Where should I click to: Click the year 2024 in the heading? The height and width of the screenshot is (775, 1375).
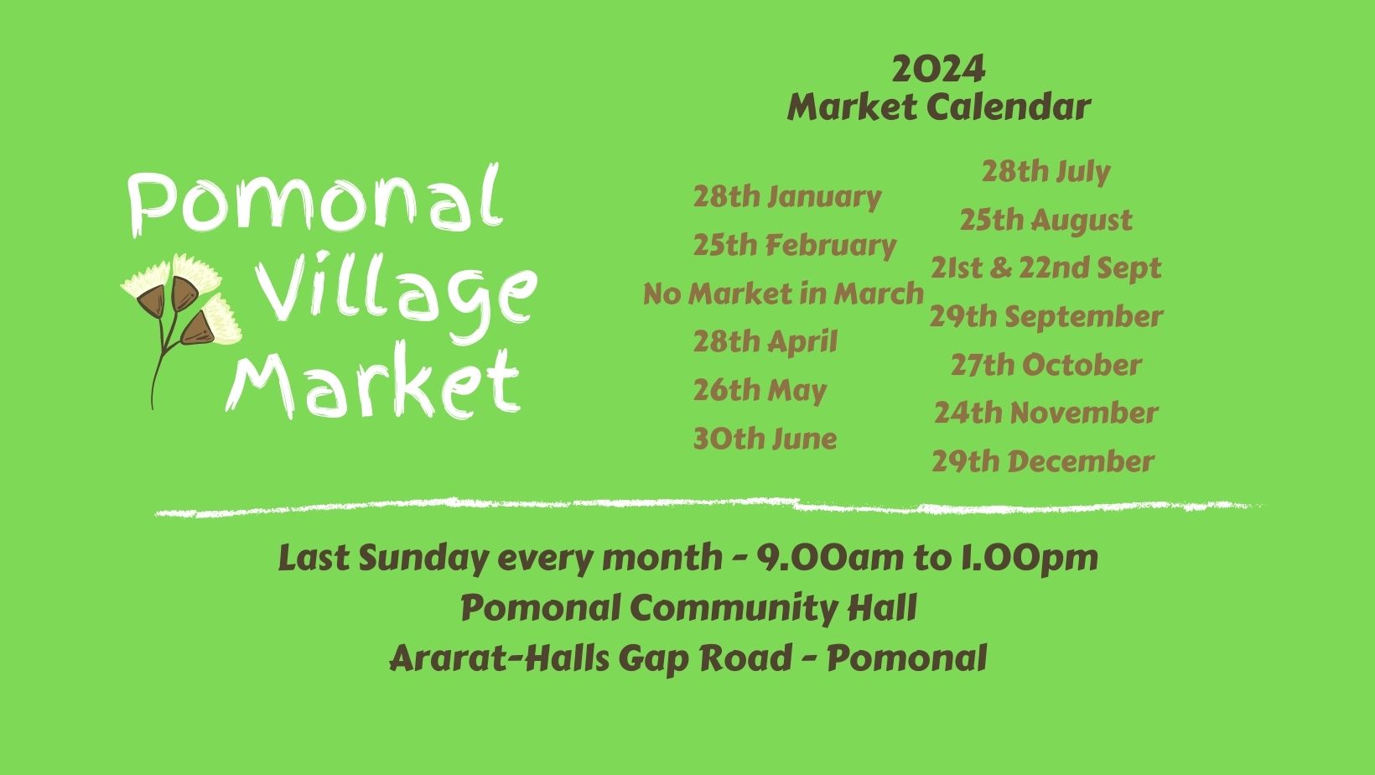point(938,69)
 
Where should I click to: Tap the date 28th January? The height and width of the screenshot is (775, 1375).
point(787,197)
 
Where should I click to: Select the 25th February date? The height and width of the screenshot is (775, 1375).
point(795,246)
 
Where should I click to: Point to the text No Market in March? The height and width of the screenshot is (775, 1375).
point(783,294)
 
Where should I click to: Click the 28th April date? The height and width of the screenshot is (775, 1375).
point(765,342)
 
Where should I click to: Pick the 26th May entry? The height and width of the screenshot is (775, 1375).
point(760,391)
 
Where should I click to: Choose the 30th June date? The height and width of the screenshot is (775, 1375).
point(765,439)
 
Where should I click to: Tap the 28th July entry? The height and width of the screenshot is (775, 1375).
point(1046,171)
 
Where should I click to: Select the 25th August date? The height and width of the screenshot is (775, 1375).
point(1046,220)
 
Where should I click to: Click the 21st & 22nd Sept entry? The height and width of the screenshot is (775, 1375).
point(1046,268)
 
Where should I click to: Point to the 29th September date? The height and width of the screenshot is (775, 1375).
point(1046,317)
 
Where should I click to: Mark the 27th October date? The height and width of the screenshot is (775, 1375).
point(1046,365)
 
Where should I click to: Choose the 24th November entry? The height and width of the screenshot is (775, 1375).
point(1046,413)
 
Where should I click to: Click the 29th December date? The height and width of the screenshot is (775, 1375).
point(1043,462)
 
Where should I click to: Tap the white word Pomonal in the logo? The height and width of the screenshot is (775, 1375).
point(315,200)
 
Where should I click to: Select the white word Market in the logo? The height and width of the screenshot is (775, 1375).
point(373,381)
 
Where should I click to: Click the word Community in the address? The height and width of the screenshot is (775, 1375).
point(734,609)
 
